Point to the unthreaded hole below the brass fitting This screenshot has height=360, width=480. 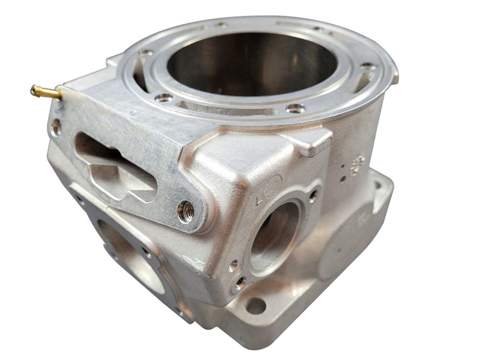pos(56,126)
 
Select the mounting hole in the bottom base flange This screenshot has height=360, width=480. pos(255,306)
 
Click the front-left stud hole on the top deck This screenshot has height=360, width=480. pos(164,97)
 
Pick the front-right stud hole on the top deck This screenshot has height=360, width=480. pos(294,108)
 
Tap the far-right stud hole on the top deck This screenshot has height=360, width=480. pos(367,66)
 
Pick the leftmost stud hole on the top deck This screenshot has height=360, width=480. pos(146,52)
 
